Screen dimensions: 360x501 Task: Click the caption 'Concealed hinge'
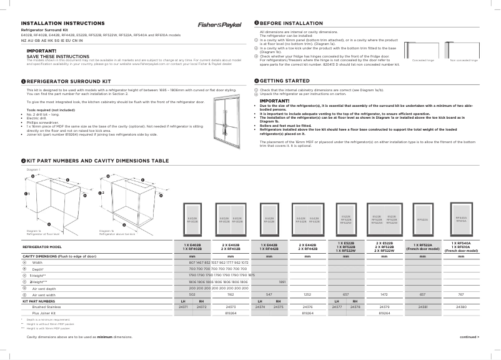pos(423,61)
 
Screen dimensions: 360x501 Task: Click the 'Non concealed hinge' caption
pos(464,61)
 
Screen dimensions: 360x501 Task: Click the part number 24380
pos(461,307)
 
